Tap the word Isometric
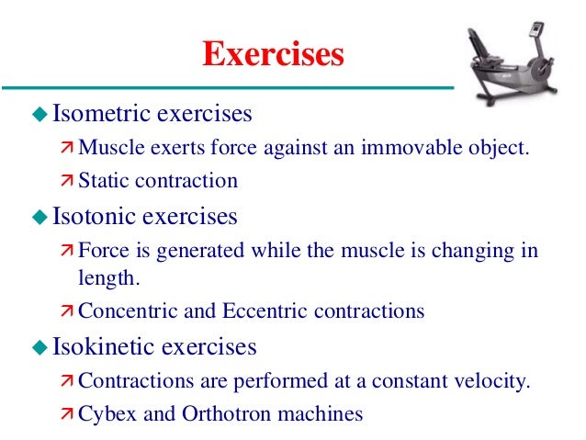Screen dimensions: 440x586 (102, 115)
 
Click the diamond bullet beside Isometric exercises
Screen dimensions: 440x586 (39, 115)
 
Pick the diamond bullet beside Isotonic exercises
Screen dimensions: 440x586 (39, 218)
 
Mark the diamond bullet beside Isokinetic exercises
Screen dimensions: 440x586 (39, 347)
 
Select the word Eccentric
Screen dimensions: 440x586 (258, 310)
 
